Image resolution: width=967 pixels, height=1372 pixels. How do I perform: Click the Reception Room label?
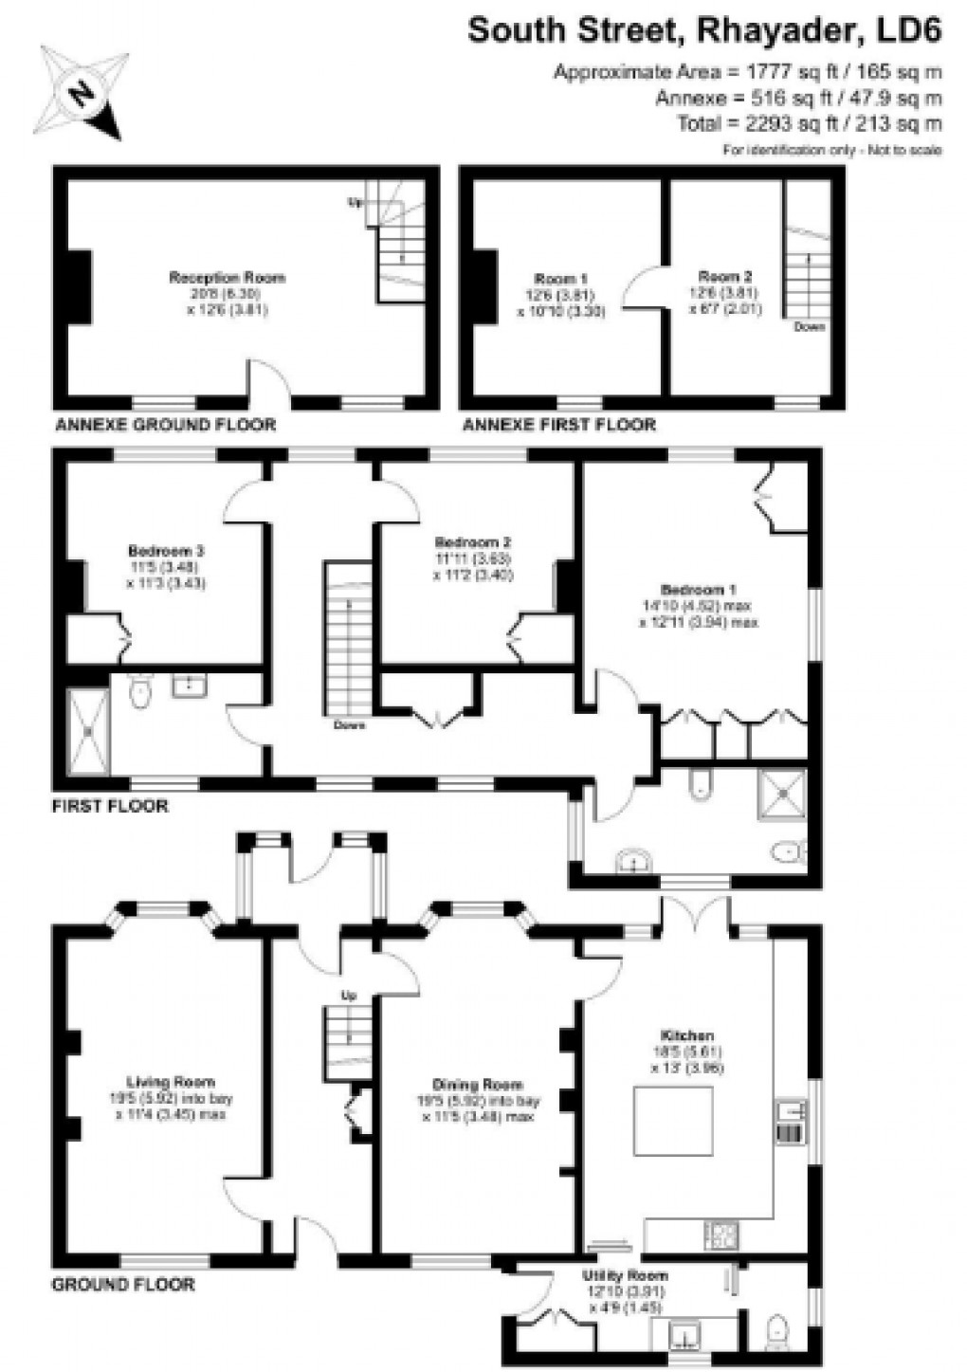[x=227, y=278]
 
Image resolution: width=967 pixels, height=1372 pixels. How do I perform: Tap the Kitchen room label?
[x=687, y=1035]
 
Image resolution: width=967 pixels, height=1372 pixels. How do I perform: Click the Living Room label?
[x=171, y=1082]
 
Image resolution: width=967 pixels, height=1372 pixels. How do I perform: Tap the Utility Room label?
[x=625, y=1275]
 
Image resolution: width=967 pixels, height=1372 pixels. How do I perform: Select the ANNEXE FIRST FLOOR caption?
[x=558, y=425]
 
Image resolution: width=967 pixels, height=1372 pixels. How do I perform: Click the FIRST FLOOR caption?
[x=109, y=807]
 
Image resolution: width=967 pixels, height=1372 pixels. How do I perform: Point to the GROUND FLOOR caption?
[x=122, y=1285]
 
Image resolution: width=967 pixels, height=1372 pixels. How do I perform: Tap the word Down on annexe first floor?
[x=809, y=327]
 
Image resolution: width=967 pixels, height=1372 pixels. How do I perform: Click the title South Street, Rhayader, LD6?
[x=704, y=31]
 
